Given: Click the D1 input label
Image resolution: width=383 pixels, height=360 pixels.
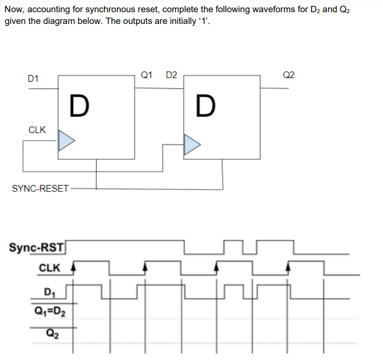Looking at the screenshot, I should coord(34,78).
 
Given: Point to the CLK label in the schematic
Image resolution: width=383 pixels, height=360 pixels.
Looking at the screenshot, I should coord(37,130).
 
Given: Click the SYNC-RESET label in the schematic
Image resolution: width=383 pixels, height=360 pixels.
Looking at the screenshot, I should coord(41,189).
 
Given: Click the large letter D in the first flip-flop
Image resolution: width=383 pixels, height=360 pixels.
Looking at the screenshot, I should coord(79,106).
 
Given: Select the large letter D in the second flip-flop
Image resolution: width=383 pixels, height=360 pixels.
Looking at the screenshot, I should coord(205,106).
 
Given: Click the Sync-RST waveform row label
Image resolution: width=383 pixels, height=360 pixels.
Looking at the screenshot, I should coord(37,247).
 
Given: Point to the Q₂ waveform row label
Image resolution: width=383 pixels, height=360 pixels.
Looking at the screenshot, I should coord(50,334).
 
